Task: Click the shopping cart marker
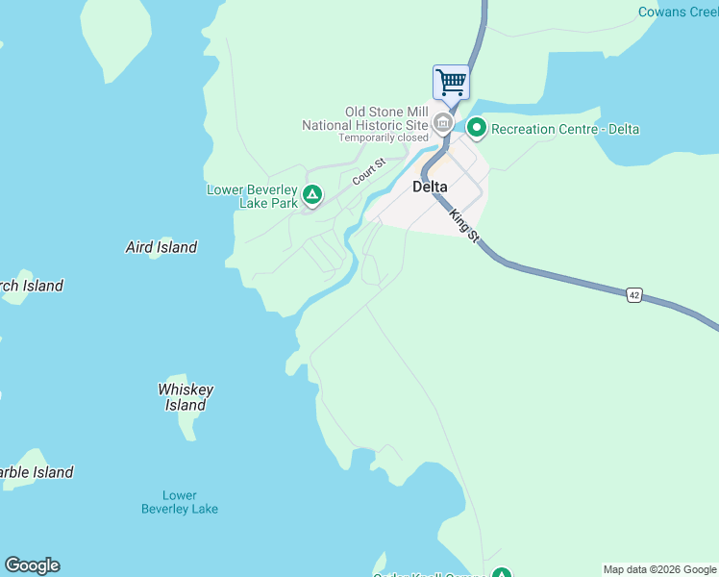451,82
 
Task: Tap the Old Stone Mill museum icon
443,123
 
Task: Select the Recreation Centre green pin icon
476,127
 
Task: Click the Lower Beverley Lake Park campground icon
311,196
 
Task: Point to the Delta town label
430,187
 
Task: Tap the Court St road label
368,172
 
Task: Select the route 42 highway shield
633,296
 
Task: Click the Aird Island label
161,247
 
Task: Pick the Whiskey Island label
186,397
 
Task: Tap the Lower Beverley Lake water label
180,502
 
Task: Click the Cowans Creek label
679,13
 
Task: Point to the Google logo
32,565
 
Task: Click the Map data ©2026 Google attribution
659,569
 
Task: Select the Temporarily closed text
383,138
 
